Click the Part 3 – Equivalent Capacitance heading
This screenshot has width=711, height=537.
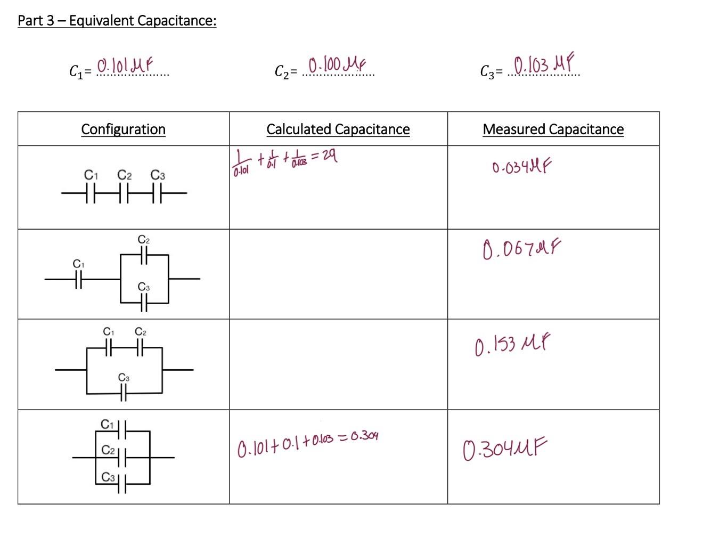(117, 21)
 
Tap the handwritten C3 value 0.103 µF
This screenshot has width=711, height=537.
(543, 64)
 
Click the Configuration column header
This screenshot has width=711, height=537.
(123, 129)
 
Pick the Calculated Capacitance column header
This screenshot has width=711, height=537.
(338, 129)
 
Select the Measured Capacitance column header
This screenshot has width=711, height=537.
(553, 129)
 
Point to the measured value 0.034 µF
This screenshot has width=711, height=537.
(521, 168)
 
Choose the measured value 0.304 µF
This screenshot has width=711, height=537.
(504, 449)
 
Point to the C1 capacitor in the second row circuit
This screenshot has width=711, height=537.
(79, 279)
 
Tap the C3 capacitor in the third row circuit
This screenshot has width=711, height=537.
(124, 394)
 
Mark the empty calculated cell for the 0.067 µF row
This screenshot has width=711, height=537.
(338, 274)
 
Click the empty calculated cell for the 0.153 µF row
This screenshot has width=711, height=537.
(338, 365)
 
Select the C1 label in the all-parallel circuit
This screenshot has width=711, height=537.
(107, 425)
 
